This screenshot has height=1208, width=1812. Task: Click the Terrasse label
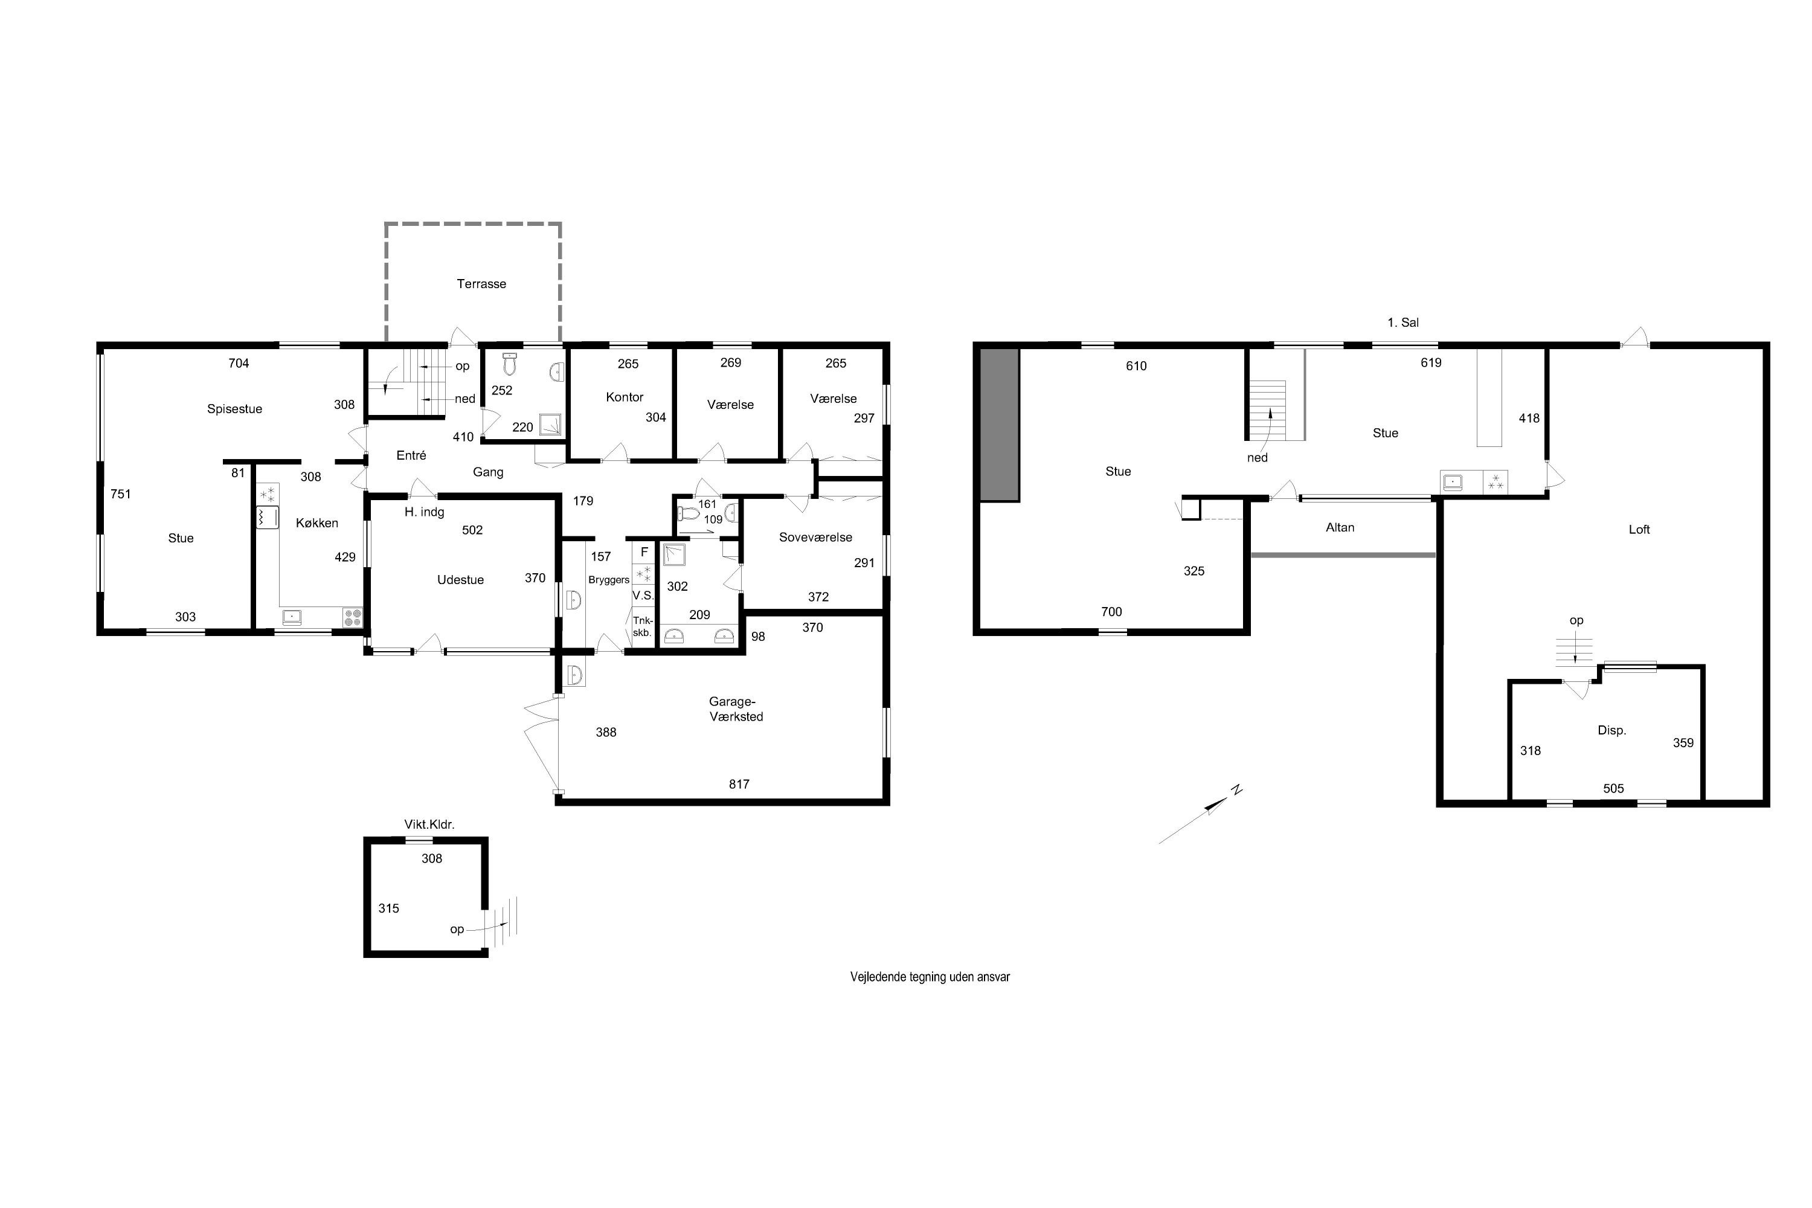pyautogui.click(x=481, y=283)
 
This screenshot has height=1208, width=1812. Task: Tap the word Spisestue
pyautogui.click(x=234, y=409)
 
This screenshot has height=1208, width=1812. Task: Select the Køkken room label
pyautogui.click(x=316, y=522)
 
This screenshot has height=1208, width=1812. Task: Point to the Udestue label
pyautogui.click(x=461, y=579)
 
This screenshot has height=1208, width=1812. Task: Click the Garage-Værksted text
pyautogui.click(x=736, y=708)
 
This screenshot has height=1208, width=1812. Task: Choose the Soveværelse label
pyautogui.click(x=815, y=537)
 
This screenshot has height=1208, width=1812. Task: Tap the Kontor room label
pyautogui.click(x=624, y=397)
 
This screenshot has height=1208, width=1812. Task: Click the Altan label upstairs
pyautogui.click(x=1340, y=527)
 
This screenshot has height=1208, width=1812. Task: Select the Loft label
pyautogui.click(x=1639, y=529)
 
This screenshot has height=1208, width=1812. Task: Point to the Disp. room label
pyautogui.click(x=1611, y=730)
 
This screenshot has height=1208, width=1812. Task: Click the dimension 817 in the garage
pyautogui.click(x=739, y=783)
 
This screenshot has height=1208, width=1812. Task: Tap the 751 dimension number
pyautogui.click(x=120, y=494)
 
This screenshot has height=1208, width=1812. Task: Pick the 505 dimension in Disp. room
pyautogui.click(x=1613, y=788)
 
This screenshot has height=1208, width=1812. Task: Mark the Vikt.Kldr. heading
pyautogui.click(x=429, y=824)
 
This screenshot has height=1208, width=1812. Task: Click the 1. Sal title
pyautogui.click(x=1403, y=322)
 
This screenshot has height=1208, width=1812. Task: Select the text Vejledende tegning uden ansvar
pyautogui.click(x=930, y=977)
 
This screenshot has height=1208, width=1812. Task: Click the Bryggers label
pyautogui.click(x=609, y=580)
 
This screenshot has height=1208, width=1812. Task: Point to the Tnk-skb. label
pyautogui.click(x=643, y=626)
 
